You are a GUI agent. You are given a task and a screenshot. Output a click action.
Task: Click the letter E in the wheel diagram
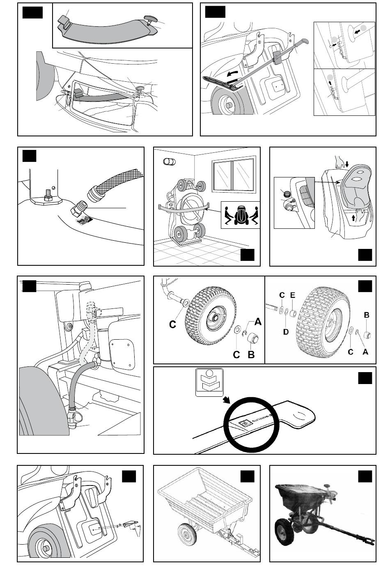(292, 295)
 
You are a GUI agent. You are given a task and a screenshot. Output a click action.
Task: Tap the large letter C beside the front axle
(173, 324)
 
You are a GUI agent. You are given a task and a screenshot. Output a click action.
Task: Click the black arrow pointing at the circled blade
(227, 400)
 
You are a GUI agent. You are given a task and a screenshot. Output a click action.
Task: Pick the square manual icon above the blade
(209, 382)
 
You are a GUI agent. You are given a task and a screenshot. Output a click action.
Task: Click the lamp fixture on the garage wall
(169, 161)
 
